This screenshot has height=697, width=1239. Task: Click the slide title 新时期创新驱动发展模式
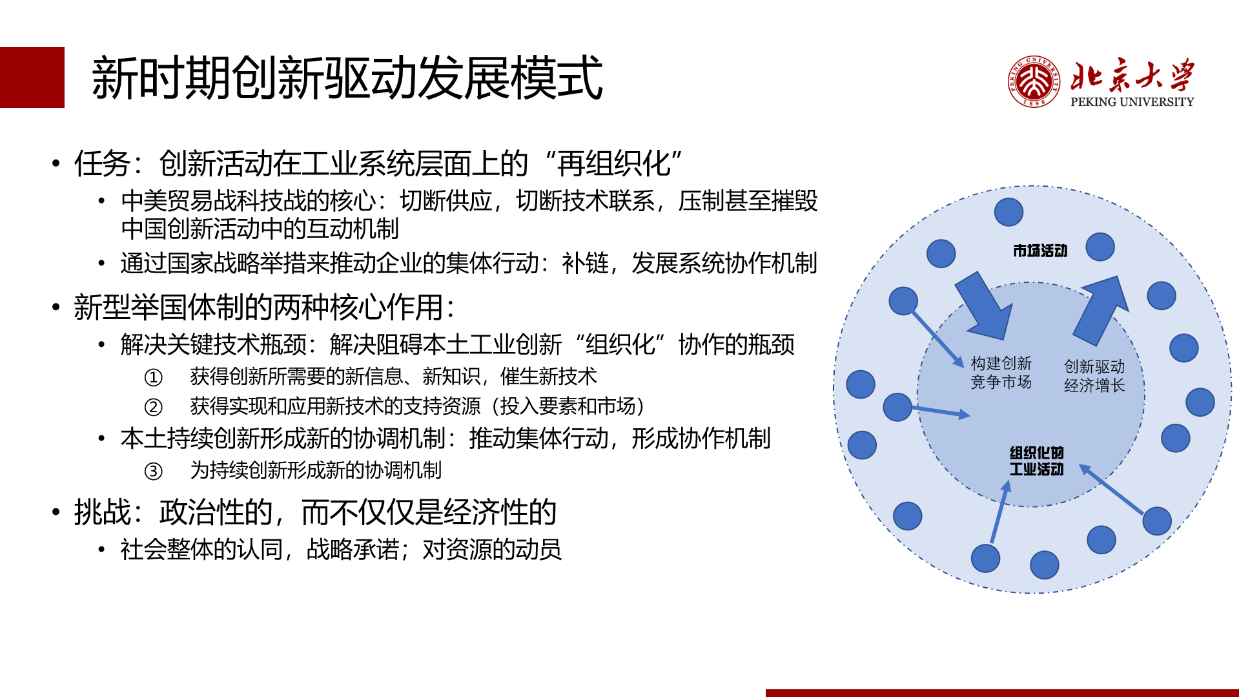coord(347,78)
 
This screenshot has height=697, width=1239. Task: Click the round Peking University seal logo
coord(1034,81)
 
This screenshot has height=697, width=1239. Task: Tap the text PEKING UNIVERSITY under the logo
coord(1132,102)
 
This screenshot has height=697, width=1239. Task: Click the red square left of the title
coord(32,78)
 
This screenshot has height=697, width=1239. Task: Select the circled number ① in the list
coord(153,377)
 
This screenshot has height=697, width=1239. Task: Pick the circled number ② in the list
coord(153,407)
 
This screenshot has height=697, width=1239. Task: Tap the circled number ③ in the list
coord(153,471)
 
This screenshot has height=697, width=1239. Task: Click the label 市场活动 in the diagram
coord(1039,251)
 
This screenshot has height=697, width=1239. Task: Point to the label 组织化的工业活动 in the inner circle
coord(1036,461)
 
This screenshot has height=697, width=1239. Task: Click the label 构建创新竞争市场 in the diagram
coord(1001,373)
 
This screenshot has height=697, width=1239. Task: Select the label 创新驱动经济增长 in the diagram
coord(1094,376)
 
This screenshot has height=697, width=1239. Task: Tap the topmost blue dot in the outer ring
coord(1009,212)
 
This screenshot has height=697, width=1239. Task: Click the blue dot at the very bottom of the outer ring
coord(1044,565)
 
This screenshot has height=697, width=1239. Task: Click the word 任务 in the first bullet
coord(102,163)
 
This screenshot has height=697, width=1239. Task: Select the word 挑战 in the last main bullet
coord(102,512)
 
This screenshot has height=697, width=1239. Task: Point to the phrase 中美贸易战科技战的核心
coord(249,201)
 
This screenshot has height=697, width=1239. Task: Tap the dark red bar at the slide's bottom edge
coord(1001,692)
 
